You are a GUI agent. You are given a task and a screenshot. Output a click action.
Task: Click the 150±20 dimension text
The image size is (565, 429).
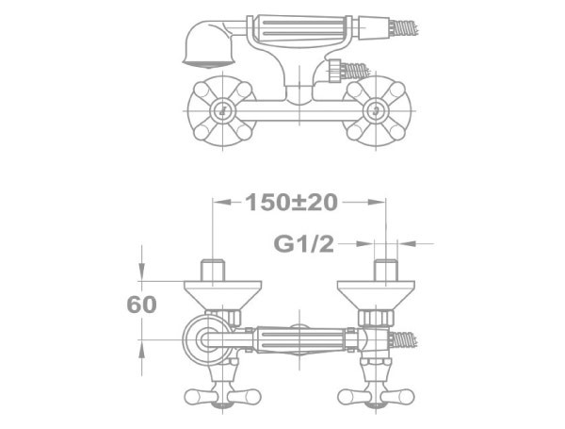(291, 202)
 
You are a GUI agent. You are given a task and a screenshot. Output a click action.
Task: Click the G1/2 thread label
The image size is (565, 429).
(304, 244)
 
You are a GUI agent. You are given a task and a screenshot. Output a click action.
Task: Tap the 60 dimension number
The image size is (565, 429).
(142, 305)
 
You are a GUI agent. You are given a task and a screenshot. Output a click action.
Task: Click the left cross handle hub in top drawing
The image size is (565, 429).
(222, 110)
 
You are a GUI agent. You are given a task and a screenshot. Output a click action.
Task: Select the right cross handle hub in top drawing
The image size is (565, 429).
(375, 110)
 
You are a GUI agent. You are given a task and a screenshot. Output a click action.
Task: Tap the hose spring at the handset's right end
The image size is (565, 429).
(405, 27)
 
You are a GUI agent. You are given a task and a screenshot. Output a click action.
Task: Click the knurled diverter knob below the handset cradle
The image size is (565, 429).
(335, 71)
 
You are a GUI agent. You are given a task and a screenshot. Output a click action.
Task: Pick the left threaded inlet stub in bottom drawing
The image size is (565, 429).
(213, 270)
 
